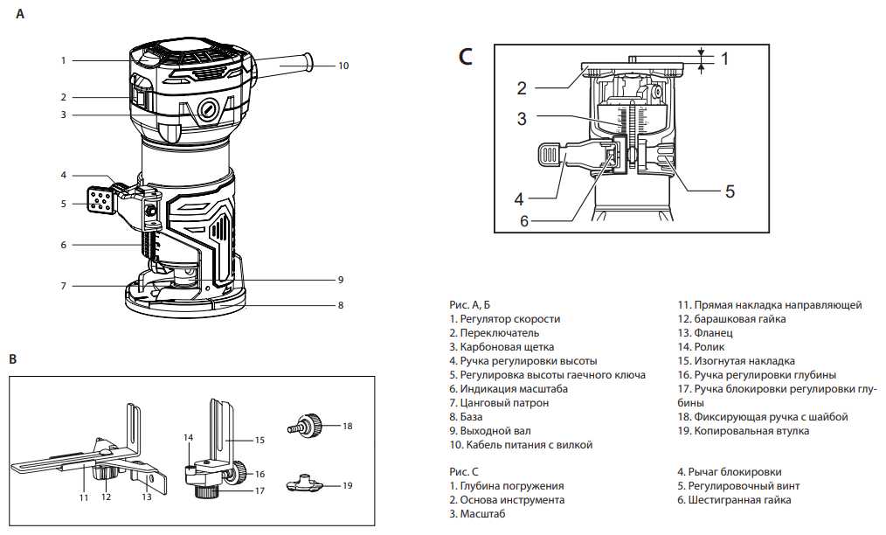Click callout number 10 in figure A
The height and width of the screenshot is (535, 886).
pyautogui.click(x=343, y=66)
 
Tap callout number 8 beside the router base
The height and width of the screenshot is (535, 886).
pyautogui.click(x=340, y=305)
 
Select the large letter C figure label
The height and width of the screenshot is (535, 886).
pyautogui.click(x=466, y=58)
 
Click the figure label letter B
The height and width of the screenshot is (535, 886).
pyautogui.click(x=13, y=358)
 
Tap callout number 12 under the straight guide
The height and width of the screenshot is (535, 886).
pyautogui.click(x=107, y=497)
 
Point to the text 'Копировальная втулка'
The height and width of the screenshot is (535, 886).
pyautogui.click(x=751, y=431)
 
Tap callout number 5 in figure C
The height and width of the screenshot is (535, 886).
pyautogui.click(x=730, y=190)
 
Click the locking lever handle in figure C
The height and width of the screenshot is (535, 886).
pyautogui.click(x=550, y=154)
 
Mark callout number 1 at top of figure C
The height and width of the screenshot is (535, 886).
pyautogui.click(x=723, y=59)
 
